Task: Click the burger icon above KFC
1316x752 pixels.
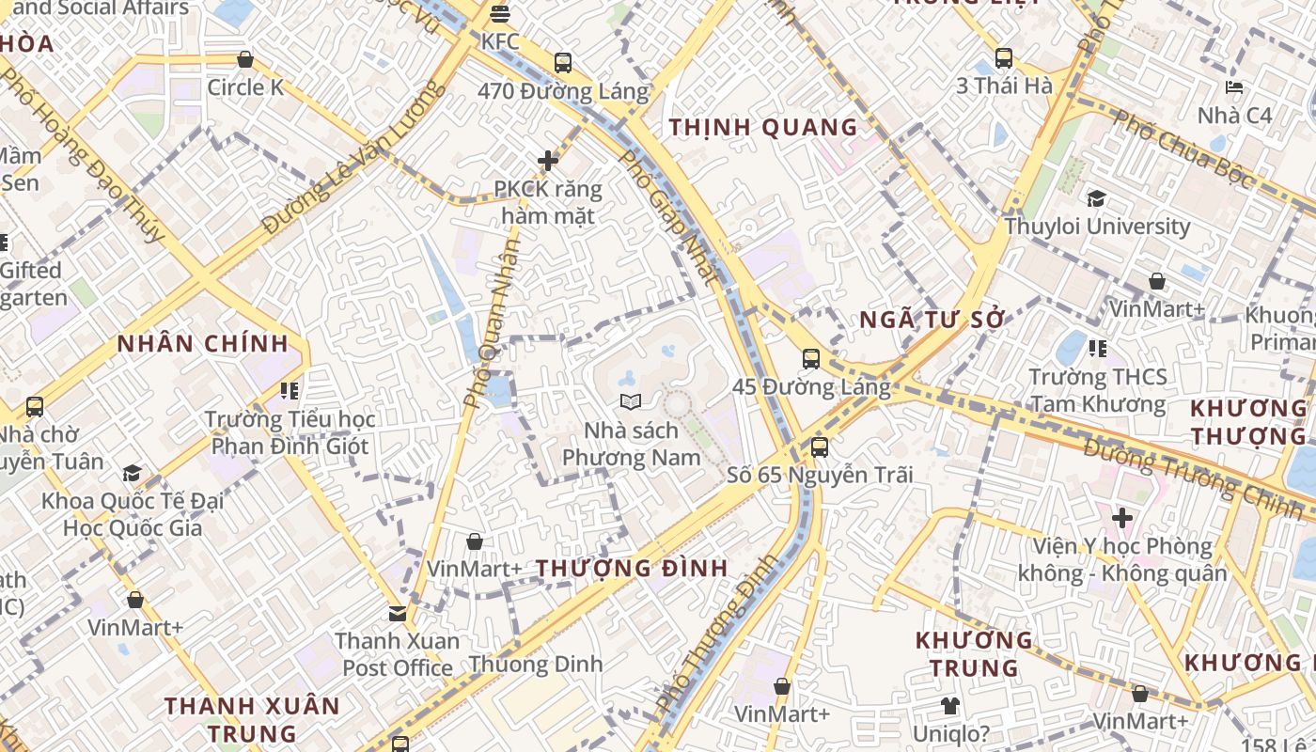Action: pyautogui.click(x=499, y=14)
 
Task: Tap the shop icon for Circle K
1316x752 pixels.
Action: pyautogui.click(x=245, y=60)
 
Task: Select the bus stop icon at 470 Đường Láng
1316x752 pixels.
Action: pyautogui.click(x=562, y=63)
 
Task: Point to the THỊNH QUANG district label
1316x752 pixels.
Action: pyautogui.click(x=763, y=127)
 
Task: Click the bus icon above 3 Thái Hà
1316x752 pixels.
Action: pyautogui.click(x=1004, y=58)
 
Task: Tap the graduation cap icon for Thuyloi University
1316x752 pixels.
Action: pyautogui.click(x=1096, y=198)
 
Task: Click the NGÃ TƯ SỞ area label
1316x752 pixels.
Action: pyautogui.click(x=932, y=320)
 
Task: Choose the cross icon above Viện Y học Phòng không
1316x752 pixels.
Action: pyautogui.click(x=1121, y=517)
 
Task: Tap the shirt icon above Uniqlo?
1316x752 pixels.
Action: pyautogui.click(x=949, y=706)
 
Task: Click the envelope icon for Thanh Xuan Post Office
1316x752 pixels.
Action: pyautogui.click(x=398, y=614)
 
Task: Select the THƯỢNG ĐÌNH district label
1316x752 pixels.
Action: pyautogui.click(x=632, y=568)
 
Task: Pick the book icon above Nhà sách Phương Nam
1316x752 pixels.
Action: pyautogui.click(x=631, y=402)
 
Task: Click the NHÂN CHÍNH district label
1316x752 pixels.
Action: pyautogui.click(x=202, y=343)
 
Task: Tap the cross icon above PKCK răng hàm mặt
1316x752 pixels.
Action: pyautogui.click(x=548, y=161)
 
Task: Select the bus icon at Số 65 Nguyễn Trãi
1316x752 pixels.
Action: pyautogui.click(x=819, y=447)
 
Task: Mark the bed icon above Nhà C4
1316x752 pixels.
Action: pyautogui.click(x=1234, y=87)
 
